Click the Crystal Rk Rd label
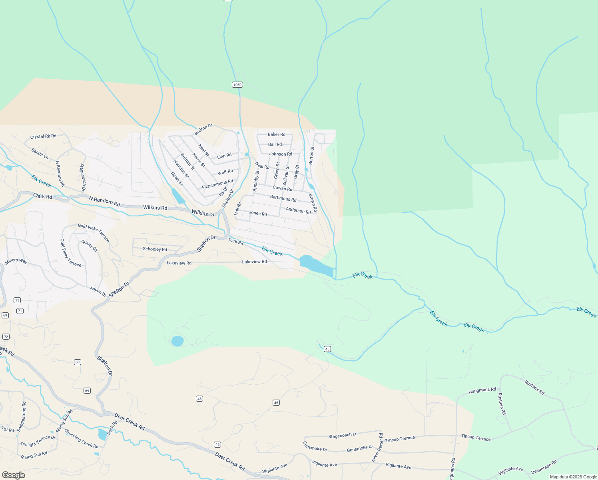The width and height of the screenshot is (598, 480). tap(43, 136)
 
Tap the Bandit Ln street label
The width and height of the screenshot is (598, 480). tap(40, 154)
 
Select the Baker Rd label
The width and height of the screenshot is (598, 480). tap(277, 134)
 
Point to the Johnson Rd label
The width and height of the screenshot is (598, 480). tap(281, 154)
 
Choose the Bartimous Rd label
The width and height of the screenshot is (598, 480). tap(283, 198)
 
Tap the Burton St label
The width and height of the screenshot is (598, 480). tap(312, 156)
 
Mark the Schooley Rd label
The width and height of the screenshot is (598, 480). tap(155, 249)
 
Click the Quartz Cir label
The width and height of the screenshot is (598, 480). tap(90, 246)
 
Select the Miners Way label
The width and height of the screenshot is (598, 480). tap(16, 261)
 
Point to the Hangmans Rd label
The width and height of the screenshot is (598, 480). tap(482, 390)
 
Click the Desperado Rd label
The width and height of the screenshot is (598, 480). tap(544, 467)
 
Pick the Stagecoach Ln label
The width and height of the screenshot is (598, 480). tap(343, 435)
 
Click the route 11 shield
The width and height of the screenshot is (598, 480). tap(17, 300)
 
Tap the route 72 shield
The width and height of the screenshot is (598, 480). tap(6, 336)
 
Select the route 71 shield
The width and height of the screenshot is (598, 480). tap(20, 311)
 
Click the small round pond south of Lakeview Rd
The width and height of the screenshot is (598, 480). tap(177, 341)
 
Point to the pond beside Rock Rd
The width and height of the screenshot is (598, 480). tap(102, 434)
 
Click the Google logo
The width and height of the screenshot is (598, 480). tap(14, 475)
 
